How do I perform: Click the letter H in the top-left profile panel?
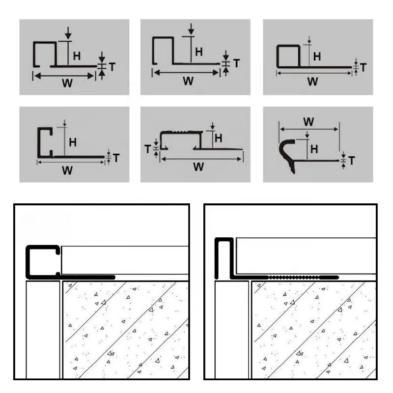77,56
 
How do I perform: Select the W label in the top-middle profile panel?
188,82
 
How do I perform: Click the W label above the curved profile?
309,121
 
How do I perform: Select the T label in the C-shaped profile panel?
115,158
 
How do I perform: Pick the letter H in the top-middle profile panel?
198,52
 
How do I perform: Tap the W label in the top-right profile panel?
312,82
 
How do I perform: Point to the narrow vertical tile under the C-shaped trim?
43,329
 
